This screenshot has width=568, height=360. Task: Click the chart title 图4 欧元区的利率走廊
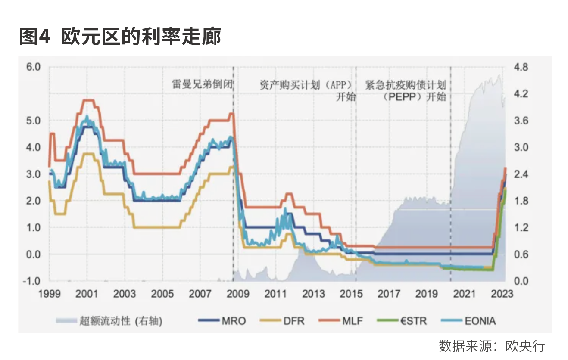click(x=120, y=37)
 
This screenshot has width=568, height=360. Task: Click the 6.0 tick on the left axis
click(x=33, y=67)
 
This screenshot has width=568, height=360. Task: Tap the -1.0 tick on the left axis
click(x=32, y=281)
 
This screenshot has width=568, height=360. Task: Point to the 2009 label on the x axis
click(x=238, y=294)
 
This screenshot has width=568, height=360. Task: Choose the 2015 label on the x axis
click(x=351, y=294)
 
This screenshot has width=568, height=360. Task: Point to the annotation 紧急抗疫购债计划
click(x=405, y=84)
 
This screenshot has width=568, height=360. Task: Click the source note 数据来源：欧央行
click(x=492, y=346)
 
